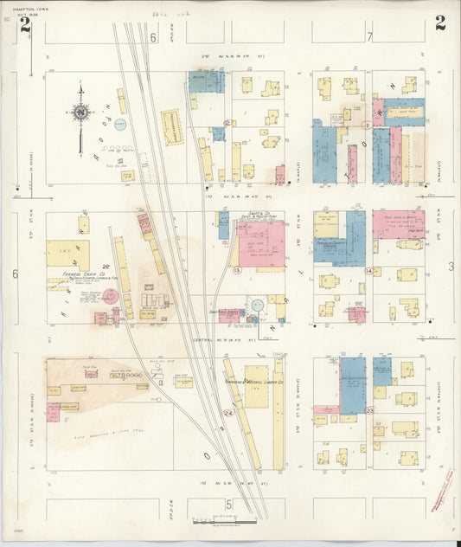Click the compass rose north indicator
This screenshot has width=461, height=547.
(x=80, y=111)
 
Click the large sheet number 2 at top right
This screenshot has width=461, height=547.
(x=440, y=23)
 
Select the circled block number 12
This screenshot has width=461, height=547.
(x=227, y=124)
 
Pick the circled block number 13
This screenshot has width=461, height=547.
(x=236, y=270)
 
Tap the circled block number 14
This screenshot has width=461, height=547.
(x=368, y=271)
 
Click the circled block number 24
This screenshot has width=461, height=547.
(x=228, y=413)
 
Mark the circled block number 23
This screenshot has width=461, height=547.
(x=369, y=409)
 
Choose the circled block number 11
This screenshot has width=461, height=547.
(x=367, y=125)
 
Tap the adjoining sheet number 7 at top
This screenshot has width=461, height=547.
(x=369, y=36)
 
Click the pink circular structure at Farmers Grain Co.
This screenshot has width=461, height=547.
(x=110, y=296)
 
